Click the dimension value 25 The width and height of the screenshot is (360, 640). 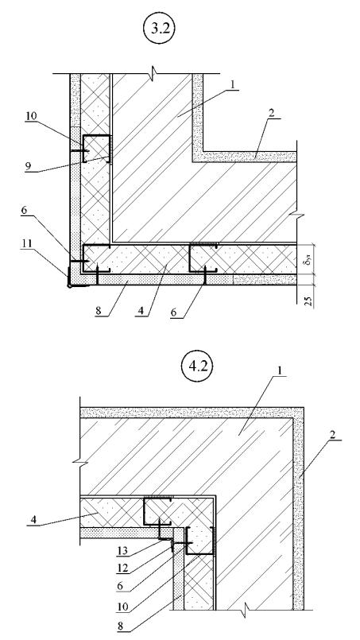pos(309,301)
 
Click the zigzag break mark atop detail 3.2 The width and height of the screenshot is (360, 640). pos(153,74)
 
